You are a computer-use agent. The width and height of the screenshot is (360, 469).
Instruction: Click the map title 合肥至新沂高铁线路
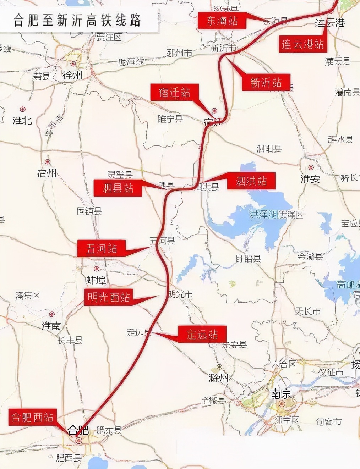(77, 21)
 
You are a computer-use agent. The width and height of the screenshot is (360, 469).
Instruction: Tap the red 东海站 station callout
(222, 21)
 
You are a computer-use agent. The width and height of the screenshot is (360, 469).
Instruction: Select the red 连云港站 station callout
(302, 44)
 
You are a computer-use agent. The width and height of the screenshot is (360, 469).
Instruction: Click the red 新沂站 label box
(266, 83)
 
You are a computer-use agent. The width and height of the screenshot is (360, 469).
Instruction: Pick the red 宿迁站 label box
(174, 93)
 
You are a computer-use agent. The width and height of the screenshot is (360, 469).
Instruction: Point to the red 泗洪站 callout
(251, 181)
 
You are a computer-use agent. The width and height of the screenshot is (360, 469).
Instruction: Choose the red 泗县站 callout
(118, 188)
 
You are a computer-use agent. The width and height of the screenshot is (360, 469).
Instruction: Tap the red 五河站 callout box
(102, 248)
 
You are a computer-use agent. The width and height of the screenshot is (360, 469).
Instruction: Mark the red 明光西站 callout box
(109, 297)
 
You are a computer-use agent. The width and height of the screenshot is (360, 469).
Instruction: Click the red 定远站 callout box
(202, 334)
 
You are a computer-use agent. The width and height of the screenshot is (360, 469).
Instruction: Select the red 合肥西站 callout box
(33, 417)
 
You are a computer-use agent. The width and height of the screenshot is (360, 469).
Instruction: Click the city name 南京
(280, 394)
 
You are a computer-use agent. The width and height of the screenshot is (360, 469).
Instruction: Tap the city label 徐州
(72, 75)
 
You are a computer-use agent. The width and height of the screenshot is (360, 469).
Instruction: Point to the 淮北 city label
(22, 121)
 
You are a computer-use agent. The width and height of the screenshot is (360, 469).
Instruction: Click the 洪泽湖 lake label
(263, 214)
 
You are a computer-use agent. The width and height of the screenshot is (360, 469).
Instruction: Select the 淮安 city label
(310, 179)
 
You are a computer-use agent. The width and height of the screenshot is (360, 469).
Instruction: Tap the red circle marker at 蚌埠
(97, 269)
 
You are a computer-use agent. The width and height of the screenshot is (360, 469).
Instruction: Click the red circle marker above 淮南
(52, 314)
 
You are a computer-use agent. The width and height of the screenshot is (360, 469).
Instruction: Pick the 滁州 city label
(219, 378)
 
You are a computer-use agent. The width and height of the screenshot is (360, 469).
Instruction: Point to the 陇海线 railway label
(131, 62)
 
